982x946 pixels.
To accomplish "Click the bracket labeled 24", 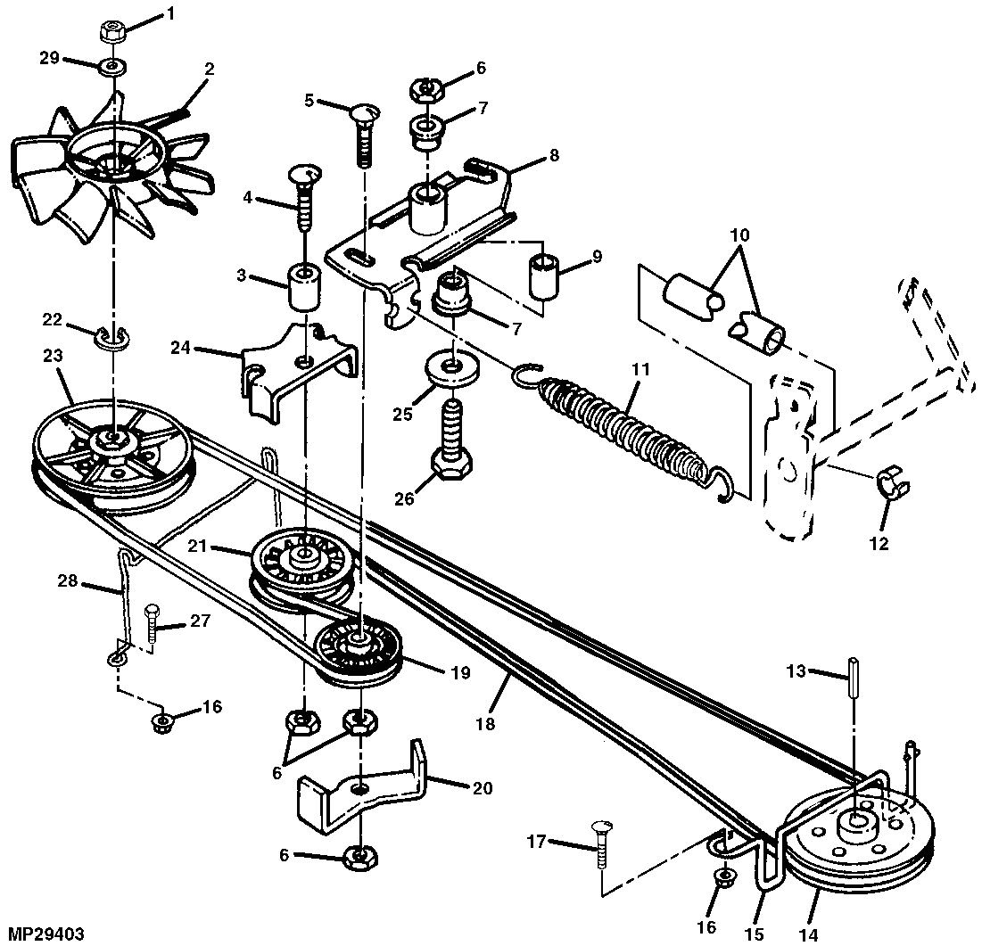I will pos(298,374).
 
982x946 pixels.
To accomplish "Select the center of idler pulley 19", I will pos(358,639).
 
